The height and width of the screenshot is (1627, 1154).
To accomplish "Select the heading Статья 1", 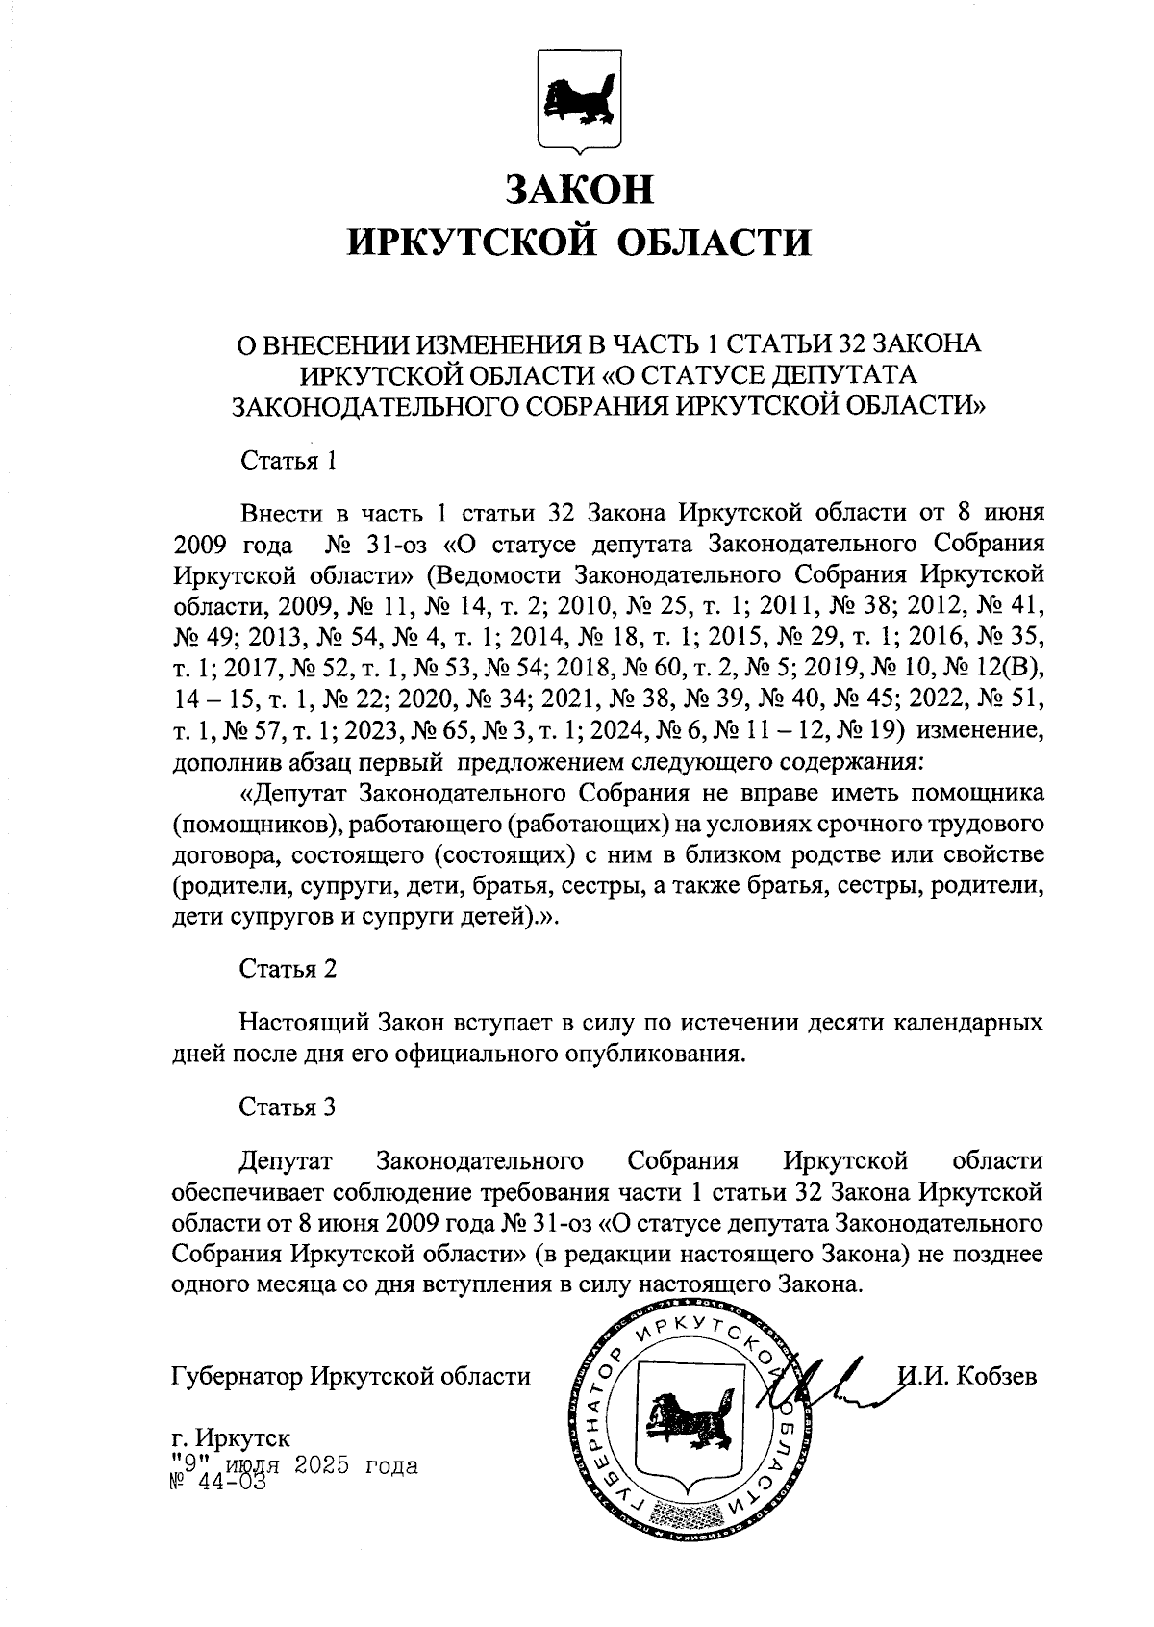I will coord(288,459).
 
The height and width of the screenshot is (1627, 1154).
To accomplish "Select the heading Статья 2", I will coord(288,968).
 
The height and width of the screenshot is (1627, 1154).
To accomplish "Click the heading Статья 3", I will coord(288,1106).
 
